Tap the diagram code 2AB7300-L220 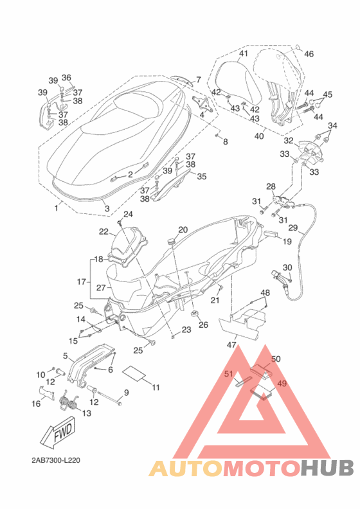56,460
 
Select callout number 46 309,54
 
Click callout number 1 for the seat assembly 57,208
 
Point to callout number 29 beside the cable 292,228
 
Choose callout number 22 104,231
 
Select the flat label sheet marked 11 134,372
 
